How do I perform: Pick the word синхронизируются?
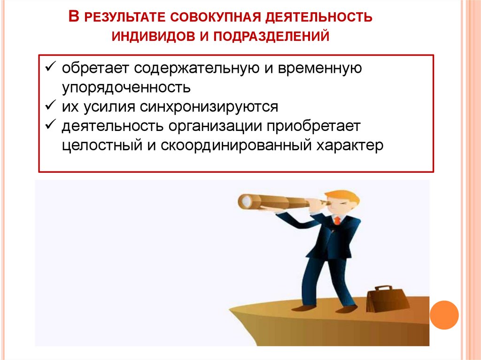[x=209, y=107]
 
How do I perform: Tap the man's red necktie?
[x=337, y=221]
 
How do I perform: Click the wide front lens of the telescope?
[x=244, y=201]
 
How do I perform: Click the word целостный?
[x=99, y=145]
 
